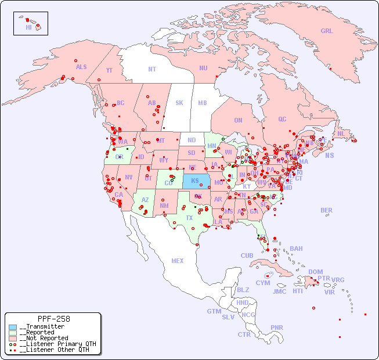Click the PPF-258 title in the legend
(x=53, y=319)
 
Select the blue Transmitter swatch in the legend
(x=13, y=327)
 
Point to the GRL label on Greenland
(x=327, y=31)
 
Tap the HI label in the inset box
(x=28, y=27)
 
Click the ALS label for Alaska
(x=81, y=67)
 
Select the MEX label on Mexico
(x=178, y=261)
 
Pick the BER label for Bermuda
(x=327, y=210)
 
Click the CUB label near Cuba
(x=247, y=255)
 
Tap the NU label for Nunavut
(x=203, y=68)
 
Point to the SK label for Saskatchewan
(x=179, y=103)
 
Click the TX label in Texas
(x=189, y=218)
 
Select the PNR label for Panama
(x=277, y=327)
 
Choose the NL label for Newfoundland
(x=341, y=134)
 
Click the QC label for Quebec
(x=282, y=119)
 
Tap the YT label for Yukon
(x=109, y=70)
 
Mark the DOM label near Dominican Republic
(x=315, y=272)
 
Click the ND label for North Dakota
(x=192, y=140)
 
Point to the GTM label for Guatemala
(x=214, y=311)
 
